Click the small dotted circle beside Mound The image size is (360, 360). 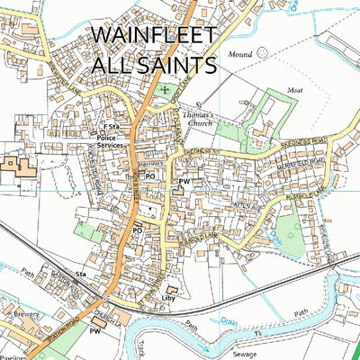coord(262,53)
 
